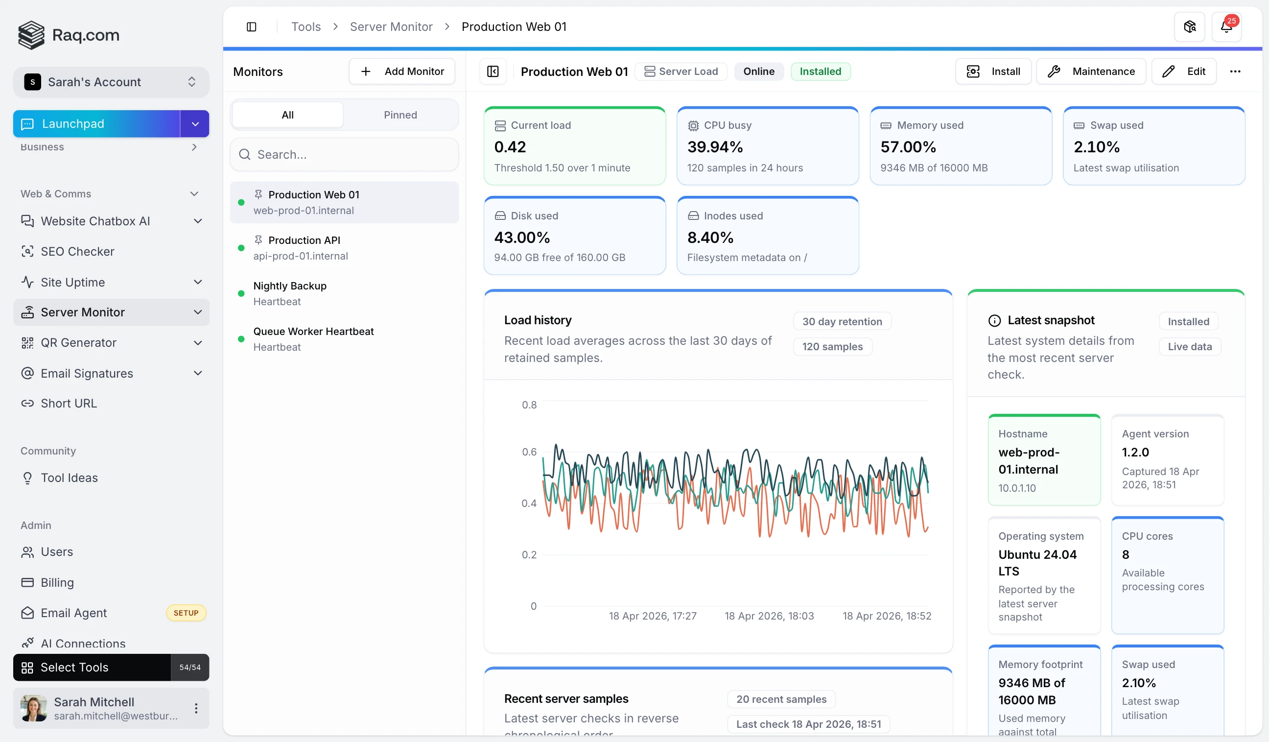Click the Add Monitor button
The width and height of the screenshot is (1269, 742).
(401, 72)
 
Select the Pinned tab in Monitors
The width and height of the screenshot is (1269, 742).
(400, 115)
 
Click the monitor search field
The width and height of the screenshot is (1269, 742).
(345, 155)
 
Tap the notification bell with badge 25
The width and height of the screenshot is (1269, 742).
(1226, 27)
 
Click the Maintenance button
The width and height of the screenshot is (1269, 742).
(1091, 72)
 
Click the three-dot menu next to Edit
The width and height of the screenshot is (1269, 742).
(1235, 72)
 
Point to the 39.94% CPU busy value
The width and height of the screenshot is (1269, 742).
(715, 147)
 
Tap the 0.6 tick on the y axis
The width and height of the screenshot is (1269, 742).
(529, 452)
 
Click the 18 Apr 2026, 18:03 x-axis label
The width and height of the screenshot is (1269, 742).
(769, 616)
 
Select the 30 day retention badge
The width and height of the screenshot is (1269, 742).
(842, 321)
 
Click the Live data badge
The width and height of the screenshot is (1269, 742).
(1189, 347)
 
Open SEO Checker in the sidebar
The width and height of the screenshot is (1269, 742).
(77, 251)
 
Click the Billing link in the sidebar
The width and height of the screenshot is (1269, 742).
(57, 583)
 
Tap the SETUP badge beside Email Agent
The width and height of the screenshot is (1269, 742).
(186, 613)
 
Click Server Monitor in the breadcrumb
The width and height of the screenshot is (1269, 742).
(391, 27)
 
